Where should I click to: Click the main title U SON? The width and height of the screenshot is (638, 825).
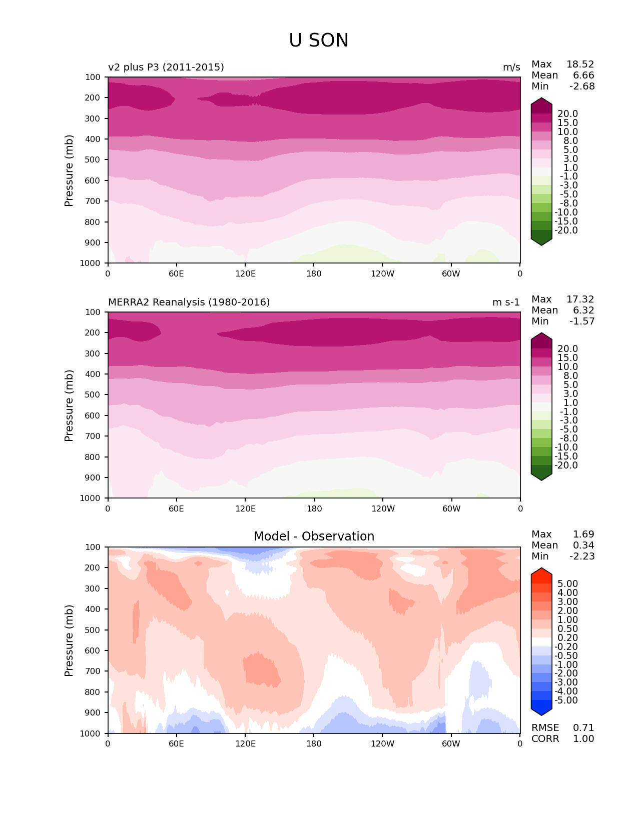click(x=319, y=40)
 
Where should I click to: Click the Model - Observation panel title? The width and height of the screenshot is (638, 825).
click(x=314, y=536)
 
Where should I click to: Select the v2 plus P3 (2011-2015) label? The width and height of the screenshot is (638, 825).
click(x=166, y=67)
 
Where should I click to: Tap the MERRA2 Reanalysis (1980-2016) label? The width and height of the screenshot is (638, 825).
click(x=189, y=302)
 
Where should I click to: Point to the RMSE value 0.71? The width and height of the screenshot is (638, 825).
click(x=583, y=728)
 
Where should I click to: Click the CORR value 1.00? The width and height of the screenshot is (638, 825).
click(x=583, y=739)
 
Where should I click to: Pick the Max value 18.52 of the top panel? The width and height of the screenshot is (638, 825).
click(x=580, y=64)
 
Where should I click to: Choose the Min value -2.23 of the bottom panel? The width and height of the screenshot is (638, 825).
click(x=582, y=556)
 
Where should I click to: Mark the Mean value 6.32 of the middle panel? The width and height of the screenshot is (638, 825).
click(x=583, y=310)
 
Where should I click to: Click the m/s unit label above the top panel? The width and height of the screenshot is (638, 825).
click(x=511, y=67)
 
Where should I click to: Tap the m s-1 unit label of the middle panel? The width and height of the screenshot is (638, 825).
click(x=506, y=302)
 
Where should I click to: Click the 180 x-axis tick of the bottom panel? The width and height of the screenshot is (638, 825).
click(x=314, y=744)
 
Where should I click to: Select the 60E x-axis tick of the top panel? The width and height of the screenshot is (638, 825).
click(x=176, y=274)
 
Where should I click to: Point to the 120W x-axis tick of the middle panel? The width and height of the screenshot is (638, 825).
click(x=383, y=509)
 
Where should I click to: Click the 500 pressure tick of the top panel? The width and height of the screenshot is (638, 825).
click(x=94, y=160)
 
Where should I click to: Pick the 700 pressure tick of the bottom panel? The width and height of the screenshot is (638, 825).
click(x=94, y=671)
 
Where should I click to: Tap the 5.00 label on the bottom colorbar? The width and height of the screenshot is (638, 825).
click(x=568, y=584)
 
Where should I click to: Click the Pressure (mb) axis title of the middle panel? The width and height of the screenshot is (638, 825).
click(x=69, y=405)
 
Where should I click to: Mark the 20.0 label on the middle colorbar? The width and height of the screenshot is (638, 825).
click(x=568, y=349)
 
